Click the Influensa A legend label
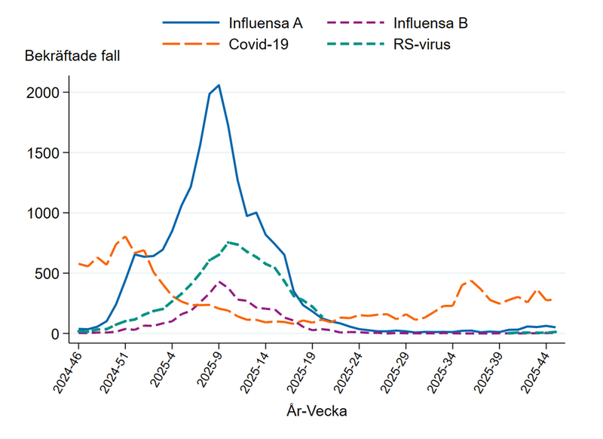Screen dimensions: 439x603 [x=265, y=23]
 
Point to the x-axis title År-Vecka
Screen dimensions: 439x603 [x=317, y=412]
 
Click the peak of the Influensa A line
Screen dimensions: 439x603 [x=219, y=85]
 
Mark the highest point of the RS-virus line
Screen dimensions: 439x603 [x=228, y=242]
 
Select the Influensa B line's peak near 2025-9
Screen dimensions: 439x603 [x=219, y=282]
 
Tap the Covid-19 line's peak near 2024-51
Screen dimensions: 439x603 [x=125, y=236]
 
